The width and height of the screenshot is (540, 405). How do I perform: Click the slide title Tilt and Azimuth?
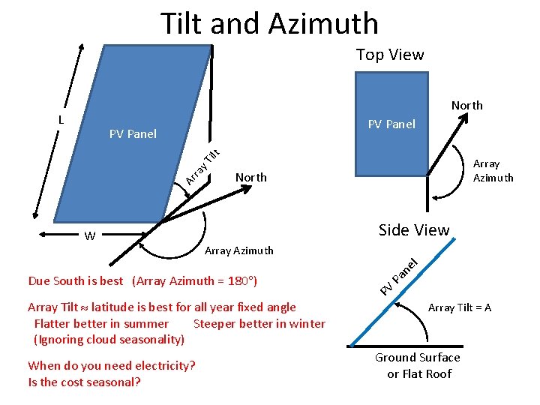(269, 24)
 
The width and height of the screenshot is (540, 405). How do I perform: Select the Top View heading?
(389, 55)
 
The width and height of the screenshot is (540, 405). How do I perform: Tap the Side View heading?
(414, 230)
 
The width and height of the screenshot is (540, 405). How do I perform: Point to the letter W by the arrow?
(89, 237)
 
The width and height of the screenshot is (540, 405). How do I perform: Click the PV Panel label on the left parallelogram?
(133, 134)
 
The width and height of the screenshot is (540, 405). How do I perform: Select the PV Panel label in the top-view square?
(391, 124)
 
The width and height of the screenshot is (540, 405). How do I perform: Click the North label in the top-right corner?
(466, 106)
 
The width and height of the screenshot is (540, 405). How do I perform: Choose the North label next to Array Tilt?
(250, 178)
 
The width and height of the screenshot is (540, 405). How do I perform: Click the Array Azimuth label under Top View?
(493, 171)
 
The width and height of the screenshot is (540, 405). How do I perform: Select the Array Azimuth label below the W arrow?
(238, 250)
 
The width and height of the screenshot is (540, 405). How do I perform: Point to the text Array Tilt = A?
(460, 307)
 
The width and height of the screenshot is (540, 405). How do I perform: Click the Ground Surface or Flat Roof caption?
(418, 366)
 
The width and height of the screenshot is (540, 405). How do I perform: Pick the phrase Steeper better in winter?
(259, 324)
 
